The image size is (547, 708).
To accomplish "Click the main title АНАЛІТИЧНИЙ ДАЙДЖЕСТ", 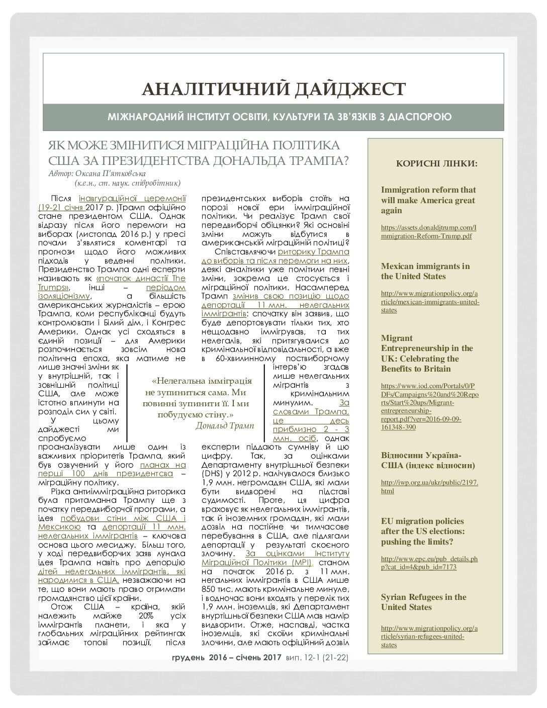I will point(273,89).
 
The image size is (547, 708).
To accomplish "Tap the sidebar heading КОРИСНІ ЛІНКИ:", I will point(436,163).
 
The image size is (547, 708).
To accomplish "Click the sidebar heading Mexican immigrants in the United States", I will point(425,271).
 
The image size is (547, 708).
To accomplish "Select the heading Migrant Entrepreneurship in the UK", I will point(426,353).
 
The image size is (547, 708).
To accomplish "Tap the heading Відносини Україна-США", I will point(427,460).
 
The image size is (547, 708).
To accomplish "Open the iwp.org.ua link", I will point(429,486).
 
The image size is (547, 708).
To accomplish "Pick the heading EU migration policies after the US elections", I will point(422,531).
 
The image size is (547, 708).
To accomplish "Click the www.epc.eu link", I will point(429,563).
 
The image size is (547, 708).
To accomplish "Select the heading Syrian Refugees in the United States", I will point(423,602).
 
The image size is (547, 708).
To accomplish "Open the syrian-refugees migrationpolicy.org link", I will point(429,636).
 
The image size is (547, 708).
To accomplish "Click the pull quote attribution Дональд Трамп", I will point(225,425).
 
